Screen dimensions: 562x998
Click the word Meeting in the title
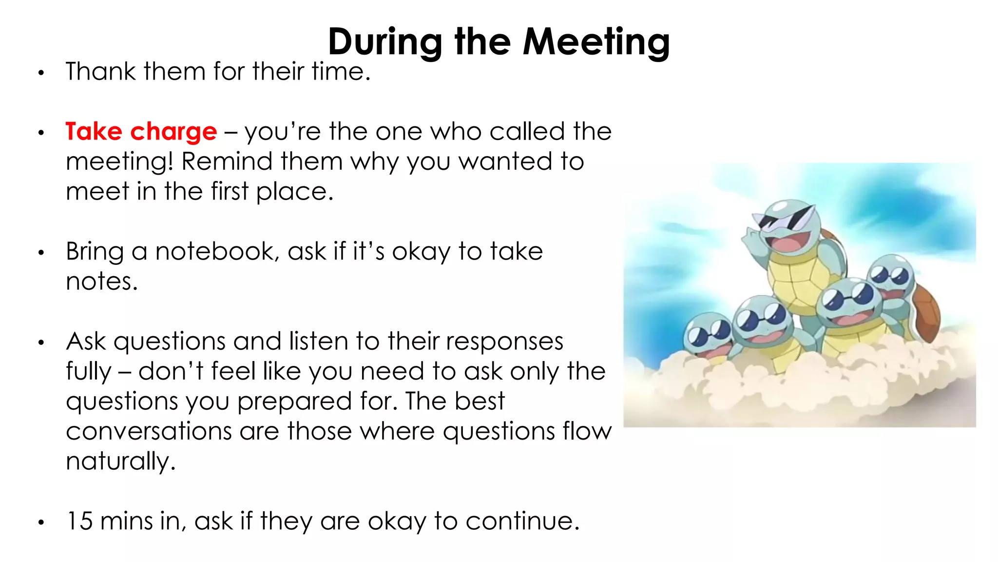pos(596,42)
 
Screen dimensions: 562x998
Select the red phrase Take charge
pos(141,132)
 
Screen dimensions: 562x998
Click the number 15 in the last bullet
pos(79,521)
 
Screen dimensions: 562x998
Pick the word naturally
pos(120,462)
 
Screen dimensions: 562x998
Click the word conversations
pos(149,432)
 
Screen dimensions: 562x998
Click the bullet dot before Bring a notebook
pos(41,253)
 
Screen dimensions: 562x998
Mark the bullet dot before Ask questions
pos(41,342)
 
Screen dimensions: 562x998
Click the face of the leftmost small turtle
pos(706,337)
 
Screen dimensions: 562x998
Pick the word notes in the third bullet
pos(101,282)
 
